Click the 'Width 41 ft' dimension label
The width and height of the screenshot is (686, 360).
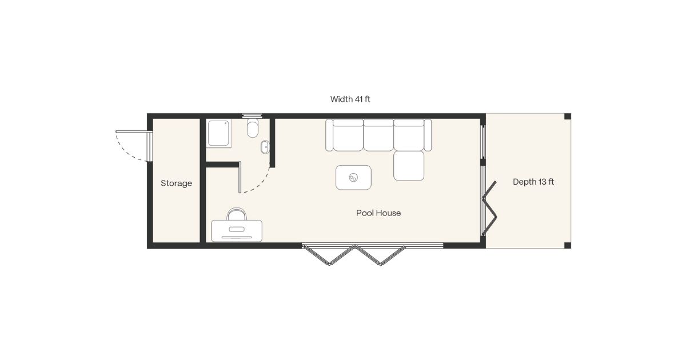pos(350,99)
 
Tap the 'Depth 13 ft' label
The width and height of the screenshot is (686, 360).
pos(533,182)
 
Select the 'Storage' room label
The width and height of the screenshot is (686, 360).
pos(176,183)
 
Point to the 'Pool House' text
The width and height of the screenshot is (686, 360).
pos(378,213)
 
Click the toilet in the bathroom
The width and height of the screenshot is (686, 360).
pos(253,129)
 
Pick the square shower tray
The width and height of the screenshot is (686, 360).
pos(219,133)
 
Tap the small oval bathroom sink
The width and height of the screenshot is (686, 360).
pos(265,147)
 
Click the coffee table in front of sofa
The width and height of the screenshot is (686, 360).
pos(353,177)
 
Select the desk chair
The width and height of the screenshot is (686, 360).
pos(237,215)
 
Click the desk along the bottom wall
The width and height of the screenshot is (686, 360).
pos(237,231)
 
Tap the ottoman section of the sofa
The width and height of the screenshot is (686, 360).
pos(409,166)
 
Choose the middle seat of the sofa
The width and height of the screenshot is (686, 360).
pos(378,135)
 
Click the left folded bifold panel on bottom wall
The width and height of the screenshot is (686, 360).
pos(329,255)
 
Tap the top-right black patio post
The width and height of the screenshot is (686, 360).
pos(567,117)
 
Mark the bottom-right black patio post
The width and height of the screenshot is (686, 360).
pos(567,245)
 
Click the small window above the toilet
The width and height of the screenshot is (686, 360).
pos(252,115)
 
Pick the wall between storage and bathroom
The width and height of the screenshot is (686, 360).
pos(202,180)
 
